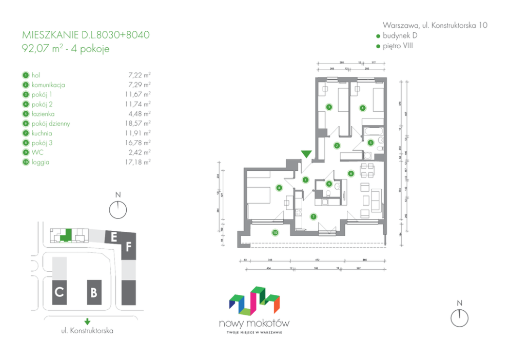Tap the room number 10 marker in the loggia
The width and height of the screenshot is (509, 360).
(x=275, y=232)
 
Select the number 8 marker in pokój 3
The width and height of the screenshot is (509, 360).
(x=279, y=188)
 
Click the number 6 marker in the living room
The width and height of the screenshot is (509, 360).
(x=350, y=173)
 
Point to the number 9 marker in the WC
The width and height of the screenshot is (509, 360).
(x=329, y=184)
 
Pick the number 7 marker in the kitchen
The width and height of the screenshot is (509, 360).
(x=313, y=216)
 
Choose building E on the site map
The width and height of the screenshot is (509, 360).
(x=113, y=237)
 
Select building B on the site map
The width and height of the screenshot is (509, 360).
(x=93, y=293)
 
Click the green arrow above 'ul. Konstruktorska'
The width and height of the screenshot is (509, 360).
(x=88, y=322)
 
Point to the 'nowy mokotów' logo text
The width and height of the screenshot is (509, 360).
(x=254, y=323)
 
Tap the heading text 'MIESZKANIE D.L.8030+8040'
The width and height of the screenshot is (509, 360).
(x=86, y=36)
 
